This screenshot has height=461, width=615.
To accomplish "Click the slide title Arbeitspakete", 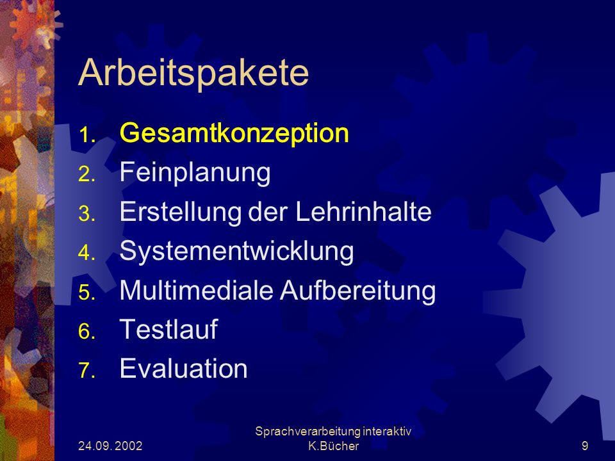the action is tap(193, 73).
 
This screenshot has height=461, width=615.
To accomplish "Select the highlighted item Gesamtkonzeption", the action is tap(234, 133).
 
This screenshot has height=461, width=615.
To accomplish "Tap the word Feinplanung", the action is tap(195, 172).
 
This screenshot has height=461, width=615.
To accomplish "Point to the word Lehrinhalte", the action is tap(363, 212).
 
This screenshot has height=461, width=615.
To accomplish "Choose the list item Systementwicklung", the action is tap(236, 251).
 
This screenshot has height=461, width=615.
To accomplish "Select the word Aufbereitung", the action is tap(358, 291).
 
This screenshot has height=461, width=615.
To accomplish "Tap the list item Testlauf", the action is tap(168, 329).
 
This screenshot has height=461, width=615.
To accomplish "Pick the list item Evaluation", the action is tap(184, 368).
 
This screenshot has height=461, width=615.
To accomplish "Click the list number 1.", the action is tap(86, 135).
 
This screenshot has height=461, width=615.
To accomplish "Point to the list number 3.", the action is tap(86, 214).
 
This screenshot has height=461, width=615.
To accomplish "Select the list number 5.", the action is tap(86, 292).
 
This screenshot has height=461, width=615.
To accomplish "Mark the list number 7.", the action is tap(86, 370).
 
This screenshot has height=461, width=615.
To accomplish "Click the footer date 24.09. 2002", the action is tap(110, 446).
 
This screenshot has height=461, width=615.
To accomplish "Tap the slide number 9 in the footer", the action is tap(585, 446).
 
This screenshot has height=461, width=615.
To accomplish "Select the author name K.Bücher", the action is tap(333, 446).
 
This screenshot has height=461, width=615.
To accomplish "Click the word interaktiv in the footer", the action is tap(387, 431).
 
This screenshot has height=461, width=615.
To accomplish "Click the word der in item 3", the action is tap(268, 212).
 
